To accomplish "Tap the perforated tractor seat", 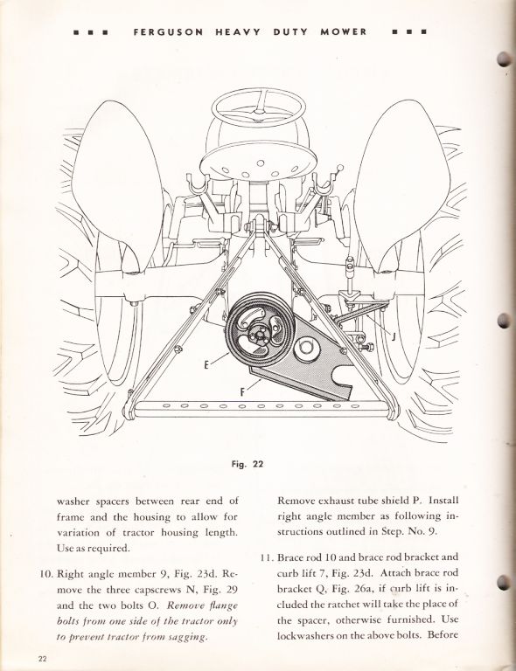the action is coord(259,163).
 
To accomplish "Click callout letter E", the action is coord(206,365).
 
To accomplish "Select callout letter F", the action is coord(242,391).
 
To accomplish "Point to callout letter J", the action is coord(394,336).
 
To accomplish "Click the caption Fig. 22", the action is coord(248,464).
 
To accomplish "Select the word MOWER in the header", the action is coord(344,32).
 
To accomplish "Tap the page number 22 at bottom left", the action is coord(42,659).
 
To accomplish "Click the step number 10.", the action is coord(45,574).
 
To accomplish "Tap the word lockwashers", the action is coord(305,635).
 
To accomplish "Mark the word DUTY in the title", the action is coord(290,32).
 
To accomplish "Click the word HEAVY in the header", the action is coord(237,32).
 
